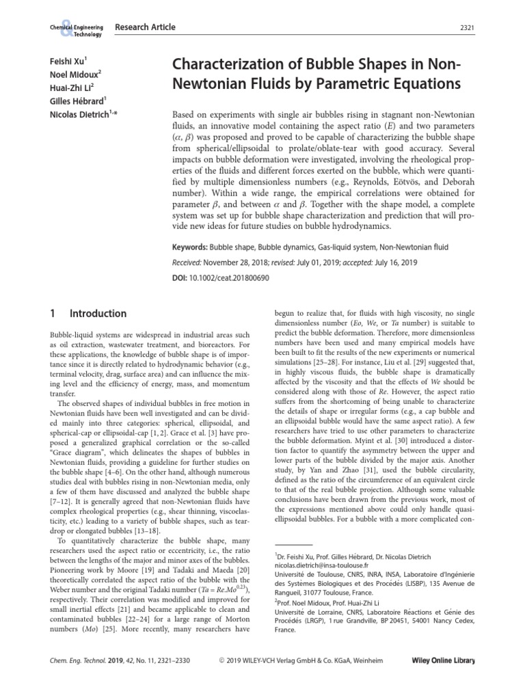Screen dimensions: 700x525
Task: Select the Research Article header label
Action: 145,27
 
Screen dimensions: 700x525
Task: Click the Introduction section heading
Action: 98,314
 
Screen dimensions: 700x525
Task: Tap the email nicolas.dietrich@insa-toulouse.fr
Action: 325,566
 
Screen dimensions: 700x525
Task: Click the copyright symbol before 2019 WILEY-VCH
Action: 221,661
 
